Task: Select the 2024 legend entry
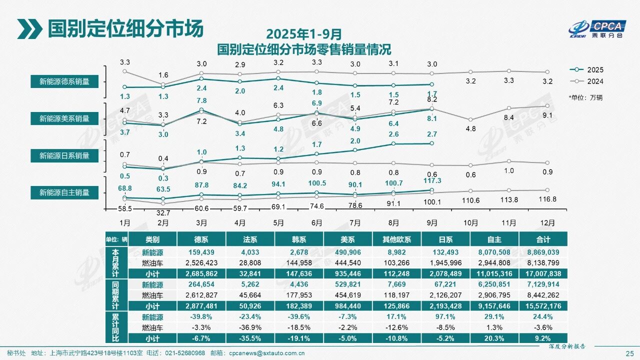coord(588,81)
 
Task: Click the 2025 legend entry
coord(588,70)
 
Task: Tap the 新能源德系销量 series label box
coord(64,81)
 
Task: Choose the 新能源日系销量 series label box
coord(64,155)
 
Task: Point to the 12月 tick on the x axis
coord(547,222)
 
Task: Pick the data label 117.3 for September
coord(432,181)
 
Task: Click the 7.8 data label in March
coord(201,100)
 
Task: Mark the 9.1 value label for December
coord(547,116)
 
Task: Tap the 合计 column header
coord(543,239)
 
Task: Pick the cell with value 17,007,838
coord(543,273)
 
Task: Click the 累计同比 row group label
coord(115,327)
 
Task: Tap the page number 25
coord(629,353)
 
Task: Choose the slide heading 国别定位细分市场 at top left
coord(125,29)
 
